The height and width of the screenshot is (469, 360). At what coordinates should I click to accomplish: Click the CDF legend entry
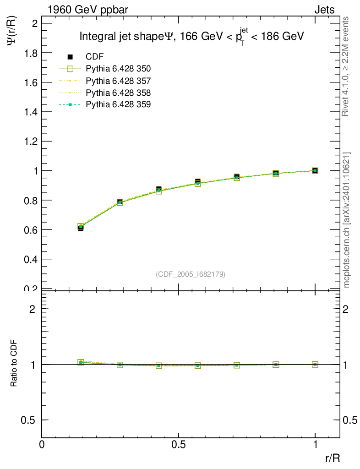pyautogui.click(x=95, y=57)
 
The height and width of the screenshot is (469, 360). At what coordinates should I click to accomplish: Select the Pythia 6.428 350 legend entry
pyautogui.click(x=118, y=69)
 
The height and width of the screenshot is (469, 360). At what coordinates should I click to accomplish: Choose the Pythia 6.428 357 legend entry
pyautogui.click(x=118, y=81)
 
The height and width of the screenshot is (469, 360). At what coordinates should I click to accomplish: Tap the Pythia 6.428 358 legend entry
pyautogui.click(x=118, y=93)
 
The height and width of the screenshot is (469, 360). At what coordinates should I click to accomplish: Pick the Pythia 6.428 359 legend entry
pyautogui.click(x=118, y=105)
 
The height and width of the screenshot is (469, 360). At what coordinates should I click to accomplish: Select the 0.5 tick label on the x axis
pyautogui.click(x=179, y=445)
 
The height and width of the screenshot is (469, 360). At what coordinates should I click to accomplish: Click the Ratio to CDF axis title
pyautogui.click(x=14, y=365)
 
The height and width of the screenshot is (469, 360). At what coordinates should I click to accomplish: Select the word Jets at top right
pyautogui.click(x=324, y=10)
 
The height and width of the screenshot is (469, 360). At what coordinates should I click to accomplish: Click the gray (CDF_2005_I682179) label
pyautogui.click(x=191, y=274)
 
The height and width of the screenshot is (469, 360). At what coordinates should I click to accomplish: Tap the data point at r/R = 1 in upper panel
pyautogui.click(x=315, y=170)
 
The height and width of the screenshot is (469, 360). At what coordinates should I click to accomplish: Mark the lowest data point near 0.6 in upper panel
pyautogui.click(x=81, y=228)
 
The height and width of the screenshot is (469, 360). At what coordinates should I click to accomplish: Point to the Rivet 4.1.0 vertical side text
pyautogui.click(x=346, y=66)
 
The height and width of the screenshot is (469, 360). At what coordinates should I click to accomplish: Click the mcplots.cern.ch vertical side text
pyautogui.click(x=346, y=220)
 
